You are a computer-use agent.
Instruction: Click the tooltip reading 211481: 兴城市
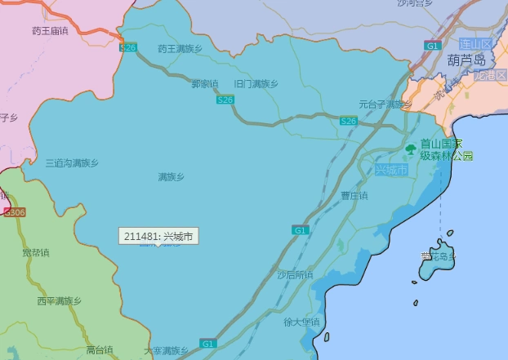[159, 237]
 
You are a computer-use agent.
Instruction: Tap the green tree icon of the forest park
[411, 149]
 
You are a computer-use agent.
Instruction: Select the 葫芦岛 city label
[466, 60]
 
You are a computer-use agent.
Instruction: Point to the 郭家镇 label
[205, 83]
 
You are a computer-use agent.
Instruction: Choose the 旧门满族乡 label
[256, 83]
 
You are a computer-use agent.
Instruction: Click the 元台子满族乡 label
[385, 104]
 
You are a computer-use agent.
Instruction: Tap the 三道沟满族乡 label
[72, 163]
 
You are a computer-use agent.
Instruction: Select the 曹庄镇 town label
[354, 196]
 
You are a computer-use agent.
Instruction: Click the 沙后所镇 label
[295, 274]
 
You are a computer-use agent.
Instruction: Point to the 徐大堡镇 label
[302, 322]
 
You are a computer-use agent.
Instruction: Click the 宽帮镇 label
[35, 251]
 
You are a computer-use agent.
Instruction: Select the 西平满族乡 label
[59, 301]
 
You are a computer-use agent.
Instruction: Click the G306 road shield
[15, 212]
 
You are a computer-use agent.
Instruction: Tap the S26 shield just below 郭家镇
[225, 100]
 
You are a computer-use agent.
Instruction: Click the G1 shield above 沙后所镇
[301, 231]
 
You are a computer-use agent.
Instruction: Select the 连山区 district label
[475, 43]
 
